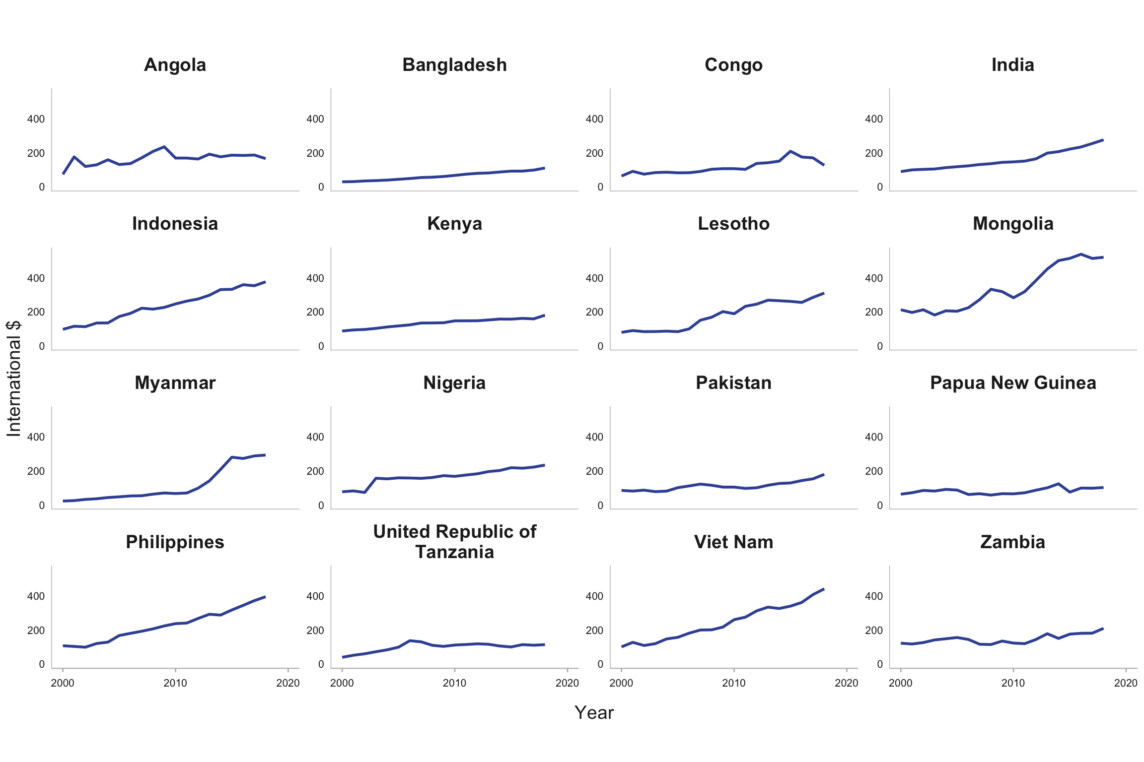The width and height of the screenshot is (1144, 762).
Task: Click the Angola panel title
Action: pos(175,65)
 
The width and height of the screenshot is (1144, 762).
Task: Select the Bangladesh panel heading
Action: pos(454,65)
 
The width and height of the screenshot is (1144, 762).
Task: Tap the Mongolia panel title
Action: pos(1013,224)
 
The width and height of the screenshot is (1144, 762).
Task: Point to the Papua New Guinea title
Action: pos(1013,383)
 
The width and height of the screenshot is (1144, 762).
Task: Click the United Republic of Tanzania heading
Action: pos(454,542)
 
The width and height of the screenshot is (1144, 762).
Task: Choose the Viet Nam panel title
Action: pos(733,542)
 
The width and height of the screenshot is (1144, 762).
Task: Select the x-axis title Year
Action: pos(594,713)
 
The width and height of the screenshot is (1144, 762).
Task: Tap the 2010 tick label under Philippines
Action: pos(175,683)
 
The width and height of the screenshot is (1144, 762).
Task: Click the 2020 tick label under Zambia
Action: pos(1125,683)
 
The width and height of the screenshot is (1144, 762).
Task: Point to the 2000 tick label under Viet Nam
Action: pos(621,683)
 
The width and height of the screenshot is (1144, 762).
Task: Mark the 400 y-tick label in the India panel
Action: pos(873,119)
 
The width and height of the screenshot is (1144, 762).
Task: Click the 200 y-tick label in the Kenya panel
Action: pos(315,312)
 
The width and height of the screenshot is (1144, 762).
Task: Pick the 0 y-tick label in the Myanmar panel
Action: pos(42,506)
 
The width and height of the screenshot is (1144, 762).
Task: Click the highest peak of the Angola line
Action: pos(164,147)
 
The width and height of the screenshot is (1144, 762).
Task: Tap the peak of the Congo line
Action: pos(790,151)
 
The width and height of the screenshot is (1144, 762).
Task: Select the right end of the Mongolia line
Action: pos(1103,257)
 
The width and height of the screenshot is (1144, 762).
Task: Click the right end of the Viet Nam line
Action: pos(824,589)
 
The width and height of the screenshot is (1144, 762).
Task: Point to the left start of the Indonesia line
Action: pos(63,329)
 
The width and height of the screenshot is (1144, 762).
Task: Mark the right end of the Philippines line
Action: pos(265,597)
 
